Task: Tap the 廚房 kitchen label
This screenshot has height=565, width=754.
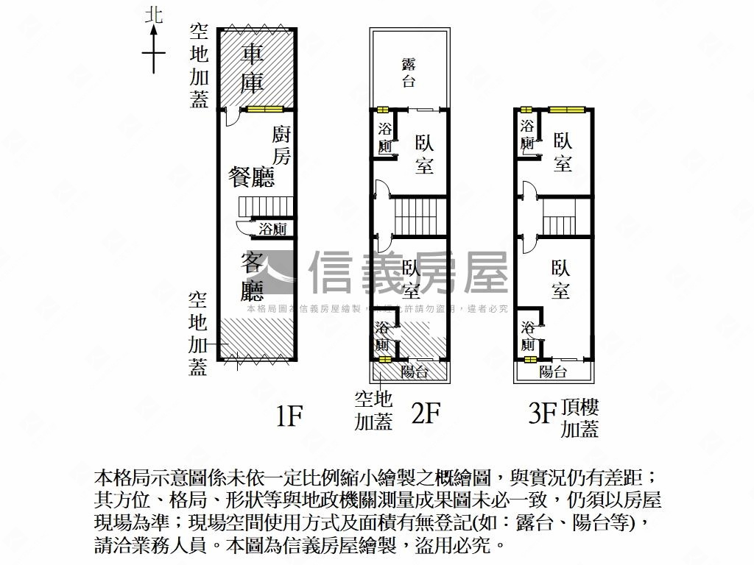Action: [x=281, y=145]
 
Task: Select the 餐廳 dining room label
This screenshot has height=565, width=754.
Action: [x=251, y=177]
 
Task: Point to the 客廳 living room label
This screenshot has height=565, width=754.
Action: [x=252, y=277]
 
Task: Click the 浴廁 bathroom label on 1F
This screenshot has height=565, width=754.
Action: [x=272, y=230]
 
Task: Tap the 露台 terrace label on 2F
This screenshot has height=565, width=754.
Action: [x=409, y=72]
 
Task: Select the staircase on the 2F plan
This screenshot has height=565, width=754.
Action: [x=417, y=216]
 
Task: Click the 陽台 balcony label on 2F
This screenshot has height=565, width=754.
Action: [x=415, y=372]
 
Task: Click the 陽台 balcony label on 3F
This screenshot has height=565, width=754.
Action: [x=553, y=372]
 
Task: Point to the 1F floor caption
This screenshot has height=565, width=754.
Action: [x=289, y=416]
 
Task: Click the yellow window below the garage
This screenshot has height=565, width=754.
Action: [x=265, y=110]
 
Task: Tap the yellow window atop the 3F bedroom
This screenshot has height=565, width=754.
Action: [x=567, y=110]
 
